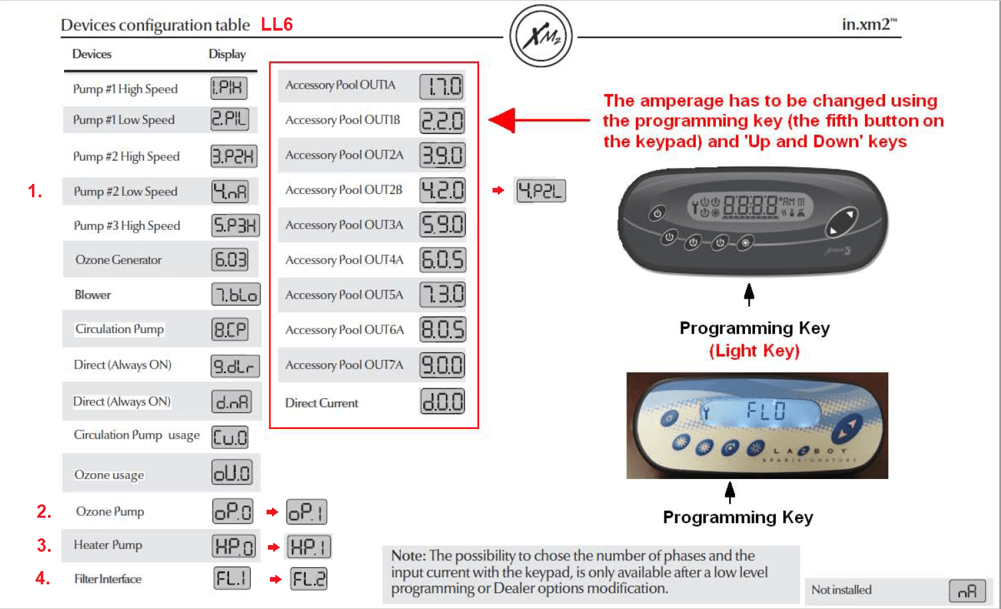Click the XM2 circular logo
coord(540,36)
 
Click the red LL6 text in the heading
coord(277,25)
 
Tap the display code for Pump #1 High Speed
coord(229,87)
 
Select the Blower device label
coord(93,295)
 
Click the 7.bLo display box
coord(235,295)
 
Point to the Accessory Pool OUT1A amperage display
coord(442,86)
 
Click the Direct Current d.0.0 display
coord(443,401)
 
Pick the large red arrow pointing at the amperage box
coord(539,120)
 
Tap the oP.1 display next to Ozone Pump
coord(307,512)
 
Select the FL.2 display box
coord(309,579)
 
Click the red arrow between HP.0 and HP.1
coord(273,547)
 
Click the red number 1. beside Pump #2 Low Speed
coord(35,191)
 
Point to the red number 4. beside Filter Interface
coord(43,578)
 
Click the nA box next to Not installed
coord(967,591)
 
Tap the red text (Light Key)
coord(754,350)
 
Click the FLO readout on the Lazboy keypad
coord(766,410)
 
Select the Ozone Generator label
coord(119,260)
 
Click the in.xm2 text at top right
coord(869,24)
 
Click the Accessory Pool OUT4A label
coord(344,260)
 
